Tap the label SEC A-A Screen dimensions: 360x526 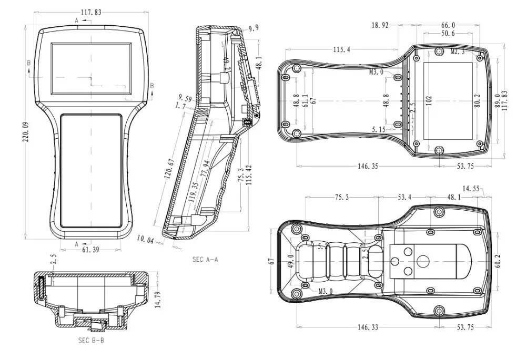pyautogui.click(x=206, y=259)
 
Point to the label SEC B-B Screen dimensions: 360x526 pyautogui.click(x=92, y=341)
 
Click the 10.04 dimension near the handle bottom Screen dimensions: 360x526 pyautogui.click(x=145, y=240)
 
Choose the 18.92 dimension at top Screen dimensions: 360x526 pyautogui.click(x=381, y=25)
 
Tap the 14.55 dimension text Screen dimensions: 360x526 pyautogui.click(x=472, y=188)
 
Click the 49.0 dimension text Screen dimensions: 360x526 pyautogui.click(x=290, y=260)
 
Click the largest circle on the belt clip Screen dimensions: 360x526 pyautogui.click(x=423, y=261)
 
